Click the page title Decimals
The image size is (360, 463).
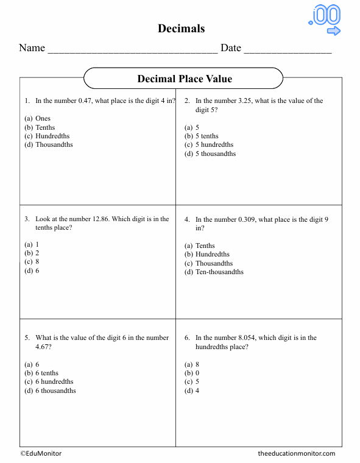[181, 29]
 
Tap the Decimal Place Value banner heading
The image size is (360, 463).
[184, 79]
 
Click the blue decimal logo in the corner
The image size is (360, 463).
[325, 20]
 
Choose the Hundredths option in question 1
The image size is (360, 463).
[52, 136]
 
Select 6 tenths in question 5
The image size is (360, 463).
[47, 373]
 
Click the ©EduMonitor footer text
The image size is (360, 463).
[41, 453]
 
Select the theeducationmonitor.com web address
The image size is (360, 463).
[296, 453]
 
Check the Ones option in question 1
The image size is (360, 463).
[43, 118]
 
